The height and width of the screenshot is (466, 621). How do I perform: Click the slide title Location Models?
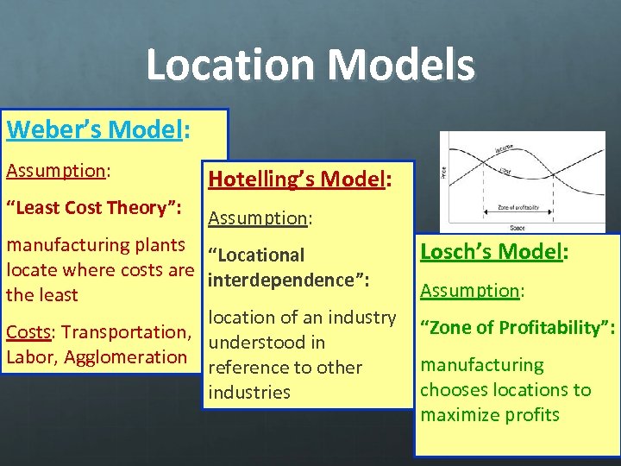click(310, 66)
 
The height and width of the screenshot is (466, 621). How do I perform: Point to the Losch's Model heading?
click(493, 252)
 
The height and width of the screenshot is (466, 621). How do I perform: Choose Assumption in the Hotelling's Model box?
click(260, 218)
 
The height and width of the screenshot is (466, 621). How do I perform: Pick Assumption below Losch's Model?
click(471, 290)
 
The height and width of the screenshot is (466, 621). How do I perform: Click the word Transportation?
click(126, 332)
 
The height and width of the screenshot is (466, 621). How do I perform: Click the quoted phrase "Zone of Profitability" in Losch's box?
click(517, 328)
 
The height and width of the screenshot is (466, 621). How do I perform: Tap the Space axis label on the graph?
click(517, 227)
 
